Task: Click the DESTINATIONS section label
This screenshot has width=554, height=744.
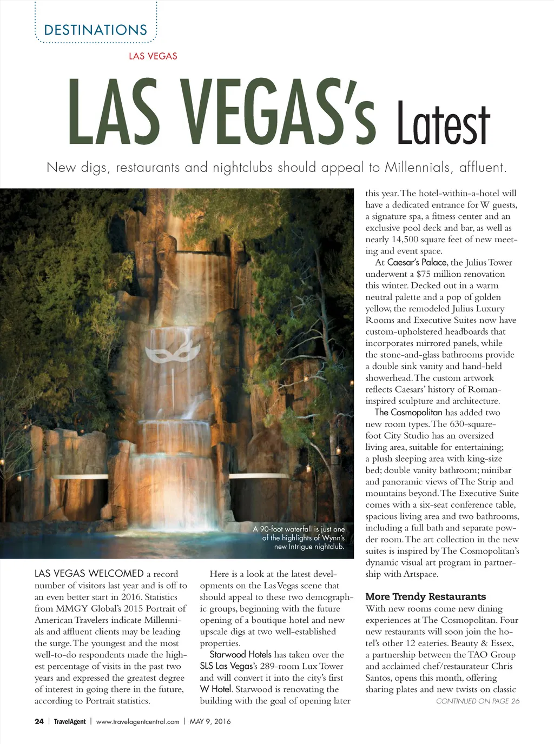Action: click(95, 30)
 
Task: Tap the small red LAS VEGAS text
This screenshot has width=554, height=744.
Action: click(153, 56)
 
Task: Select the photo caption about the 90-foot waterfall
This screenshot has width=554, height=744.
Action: click(299, 537)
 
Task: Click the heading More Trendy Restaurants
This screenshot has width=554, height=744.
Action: click(425, 596)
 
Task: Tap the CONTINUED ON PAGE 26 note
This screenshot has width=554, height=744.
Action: click(477, 701)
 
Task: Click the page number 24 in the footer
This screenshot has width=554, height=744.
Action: click(39, 721)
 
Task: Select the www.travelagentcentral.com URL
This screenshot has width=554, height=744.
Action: click(137, 721)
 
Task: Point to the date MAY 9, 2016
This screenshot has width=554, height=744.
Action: click(210, 721)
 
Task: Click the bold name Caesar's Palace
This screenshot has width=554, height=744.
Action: click(417, 262)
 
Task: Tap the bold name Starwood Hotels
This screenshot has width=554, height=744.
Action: click(240, 654)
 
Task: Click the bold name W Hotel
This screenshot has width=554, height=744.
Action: click(216, 689)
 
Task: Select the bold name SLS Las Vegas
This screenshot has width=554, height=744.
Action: click(226, 666)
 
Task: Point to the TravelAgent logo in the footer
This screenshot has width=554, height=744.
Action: click(70, 721)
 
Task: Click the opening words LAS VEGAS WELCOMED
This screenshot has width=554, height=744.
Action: click(89, 574)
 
